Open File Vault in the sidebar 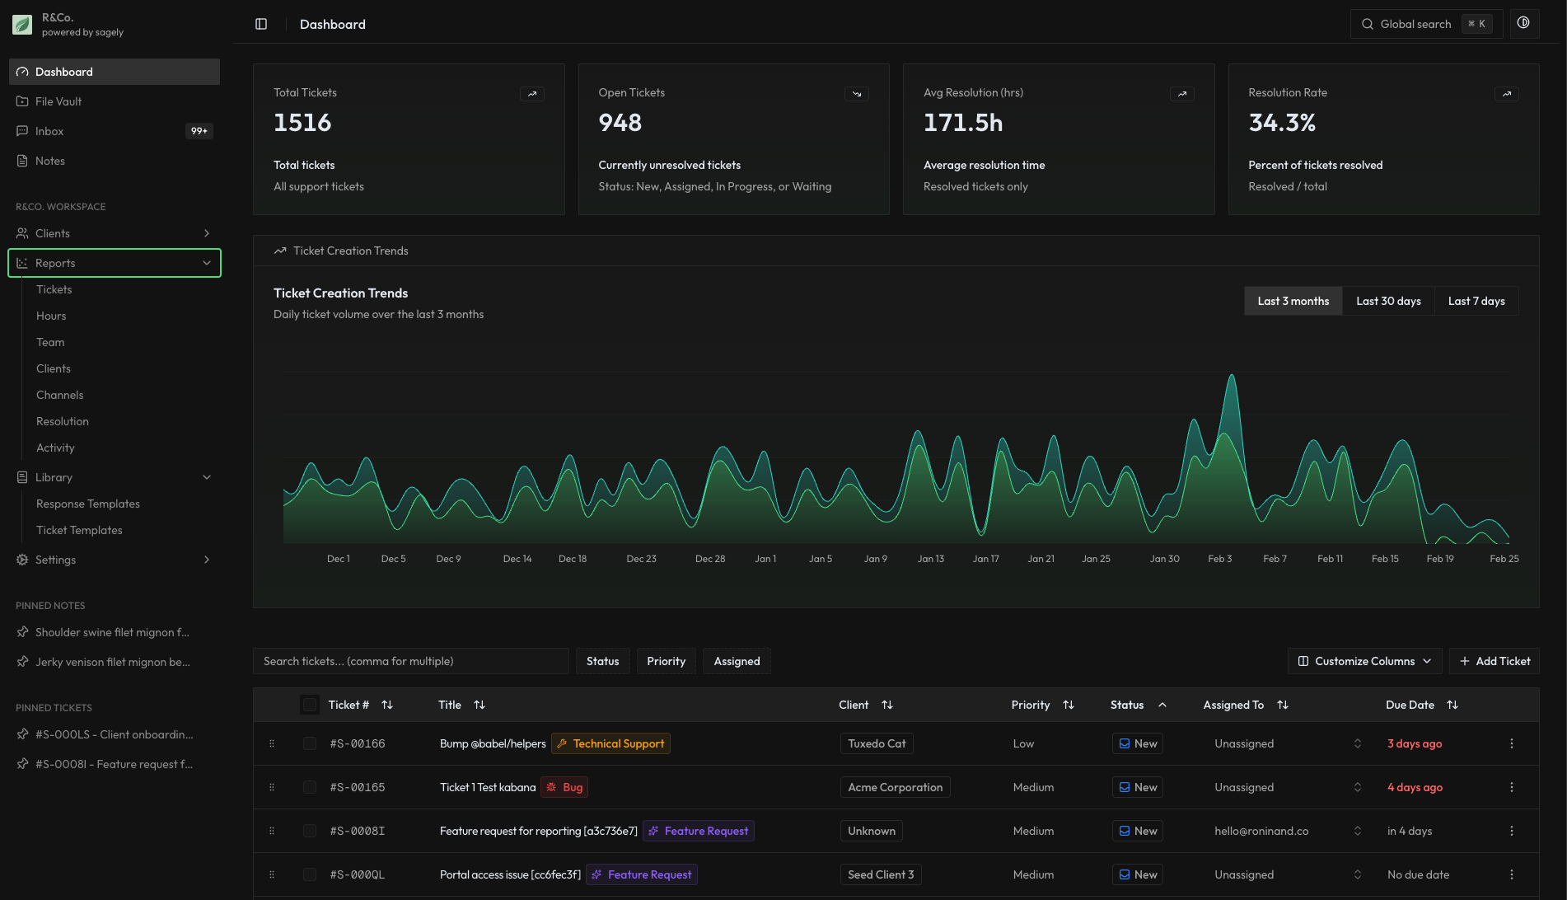click(x=58, y=101)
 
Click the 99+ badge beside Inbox click(x=199, y=131)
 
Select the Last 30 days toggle click(x=1388, y=301)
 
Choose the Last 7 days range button click(x=1476, y=301)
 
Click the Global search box click(x=1426, y=24)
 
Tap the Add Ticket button click(x=1494, y=661)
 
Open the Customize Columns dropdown click(x=1364, y=661)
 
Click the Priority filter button click(x=666, y=661)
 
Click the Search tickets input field click(x=410, y=661)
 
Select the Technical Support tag click(x=610, y=743)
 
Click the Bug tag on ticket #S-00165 click(x=564, y=787)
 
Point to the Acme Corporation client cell click(x=895, y=787)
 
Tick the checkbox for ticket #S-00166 click(x=310, y=743)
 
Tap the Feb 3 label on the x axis click(x=1219, y=559)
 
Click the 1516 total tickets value click(x=302, y=123)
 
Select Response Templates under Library click(x=88, y=504)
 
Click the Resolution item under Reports click(x=63, y=421)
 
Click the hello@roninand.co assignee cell click(x=1261, y=831)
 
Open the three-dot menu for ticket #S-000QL click(x=1512, y=874)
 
